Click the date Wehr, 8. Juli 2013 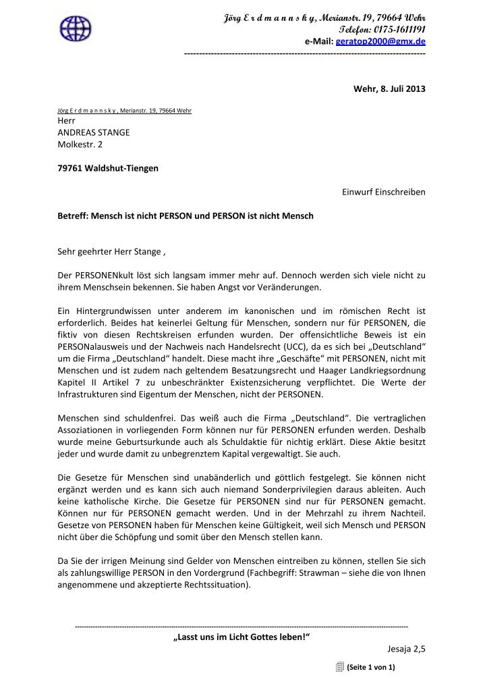coord(389,89)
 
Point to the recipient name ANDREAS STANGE coord(93,132)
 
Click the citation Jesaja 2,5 coord(407,650)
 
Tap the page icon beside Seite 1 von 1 coord(339,667)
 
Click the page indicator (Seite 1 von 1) coord(370,668)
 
